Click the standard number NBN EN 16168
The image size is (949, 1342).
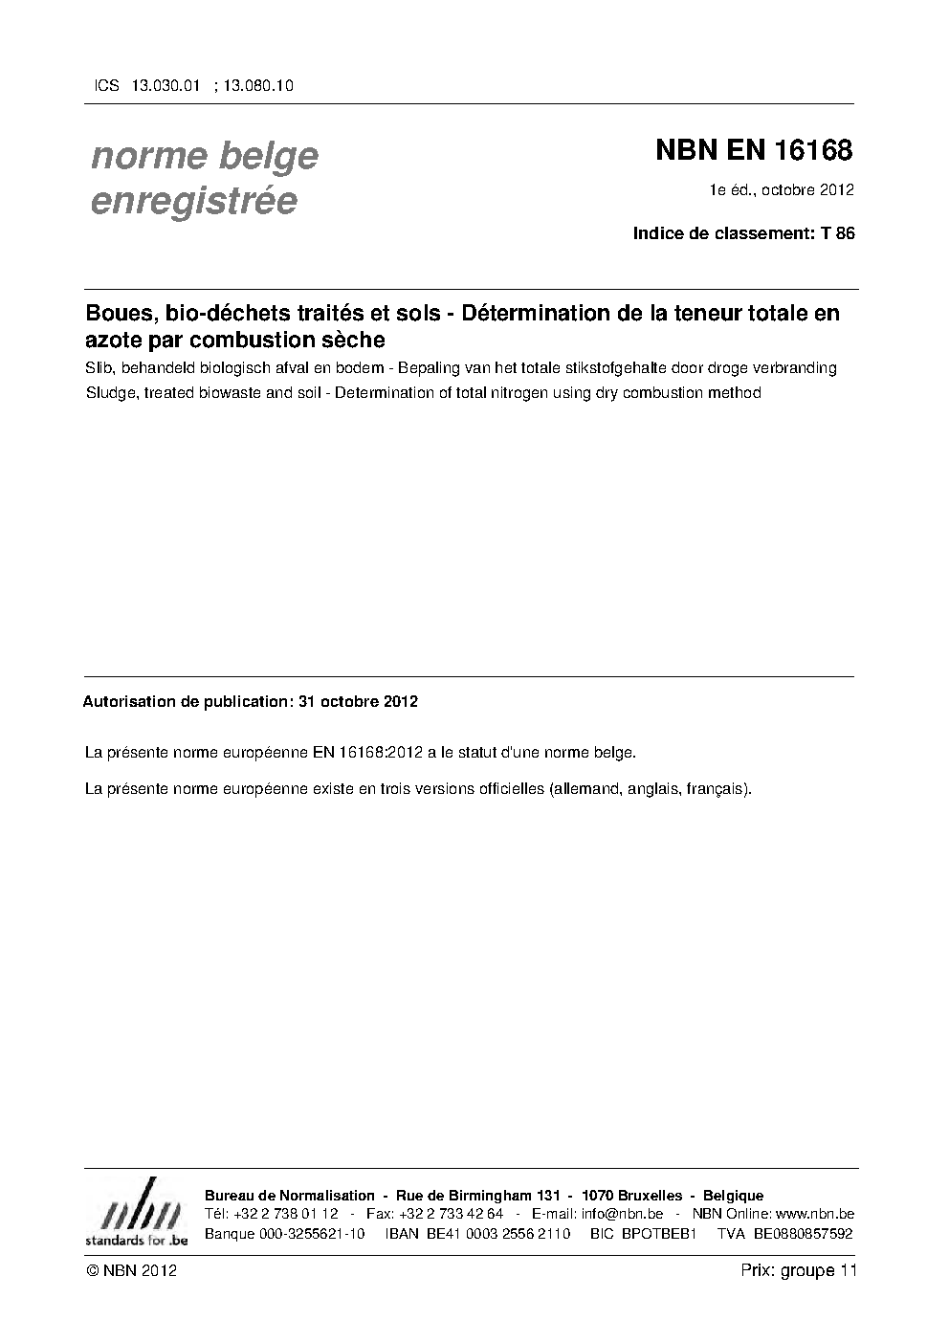(x=753, y=151)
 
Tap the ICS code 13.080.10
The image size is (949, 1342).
(x=257, y=85)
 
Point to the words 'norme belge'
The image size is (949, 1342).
(x=204, y=156)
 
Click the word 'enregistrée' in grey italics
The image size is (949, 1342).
(x=193, y=202)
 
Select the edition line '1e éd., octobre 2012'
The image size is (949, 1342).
(x=781, y=189)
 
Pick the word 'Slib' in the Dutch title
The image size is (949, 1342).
(x=97, y=368)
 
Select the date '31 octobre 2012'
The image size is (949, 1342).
(x=358, y=701)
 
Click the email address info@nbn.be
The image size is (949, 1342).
(x=622, y=1214)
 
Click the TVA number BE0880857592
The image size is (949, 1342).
(x=803, y=1234)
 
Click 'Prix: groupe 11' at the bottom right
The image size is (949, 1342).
(x=799, y=1271)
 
